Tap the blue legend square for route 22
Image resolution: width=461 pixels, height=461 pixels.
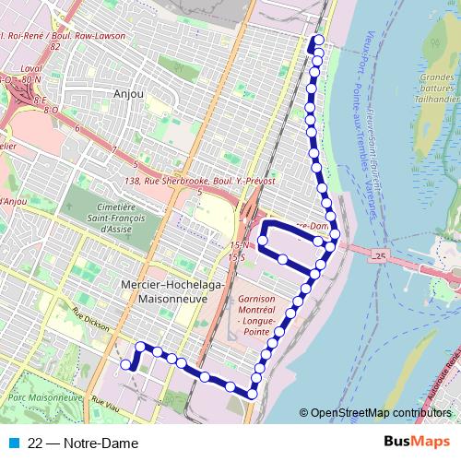coord(13,443)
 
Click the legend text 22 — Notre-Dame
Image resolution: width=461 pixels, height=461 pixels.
coord(83,443)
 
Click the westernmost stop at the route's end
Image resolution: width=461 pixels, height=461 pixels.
coord(126,365)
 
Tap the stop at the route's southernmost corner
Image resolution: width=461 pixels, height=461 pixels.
coord(251,395)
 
